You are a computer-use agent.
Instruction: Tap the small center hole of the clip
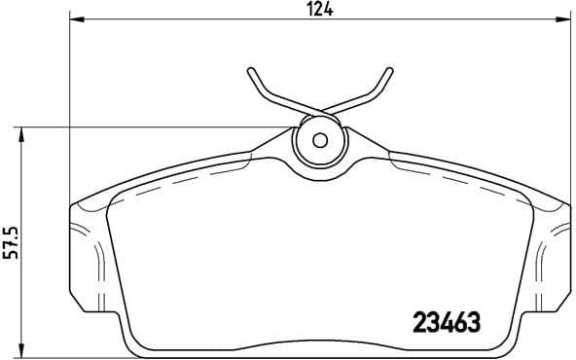(x=320, y=138)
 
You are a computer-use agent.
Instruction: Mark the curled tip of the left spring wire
(x=252, y=71)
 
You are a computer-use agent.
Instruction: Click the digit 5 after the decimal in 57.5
(x=12, y=229)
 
